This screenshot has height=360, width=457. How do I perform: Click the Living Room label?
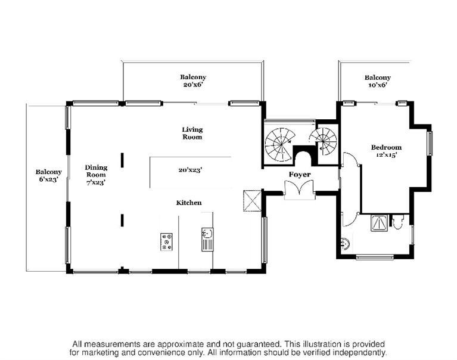[x=192, y=133]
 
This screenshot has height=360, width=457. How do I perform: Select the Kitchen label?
[x=188, y=203]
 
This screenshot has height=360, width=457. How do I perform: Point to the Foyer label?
[x=300, y=174]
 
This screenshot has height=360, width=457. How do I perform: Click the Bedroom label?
[x=386, y=147]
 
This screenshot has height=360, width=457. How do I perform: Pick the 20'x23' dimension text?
[x=190, y=170]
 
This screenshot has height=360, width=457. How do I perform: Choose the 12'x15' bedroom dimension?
[x=386, y=155]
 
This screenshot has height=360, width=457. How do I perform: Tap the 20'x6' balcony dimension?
[x=193, y=85]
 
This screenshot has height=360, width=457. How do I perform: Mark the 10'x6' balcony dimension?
[x=378, y=85]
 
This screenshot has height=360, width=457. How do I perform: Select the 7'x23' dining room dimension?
[x=96, y=182]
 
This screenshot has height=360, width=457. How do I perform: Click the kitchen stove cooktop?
[x=167, y=241]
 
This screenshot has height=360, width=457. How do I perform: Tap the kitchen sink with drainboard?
[x=207, y=238]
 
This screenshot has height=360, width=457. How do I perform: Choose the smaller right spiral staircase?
[x=324, y=142]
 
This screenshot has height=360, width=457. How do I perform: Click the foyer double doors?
[x=299, y=189]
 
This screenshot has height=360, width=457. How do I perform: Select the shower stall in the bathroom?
[x=379, y=222]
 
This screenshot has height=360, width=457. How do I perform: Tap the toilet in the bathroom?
[x=399, y=223]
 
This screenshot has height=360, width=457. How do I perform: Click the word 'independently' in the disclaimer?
[x=356, y=352]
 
